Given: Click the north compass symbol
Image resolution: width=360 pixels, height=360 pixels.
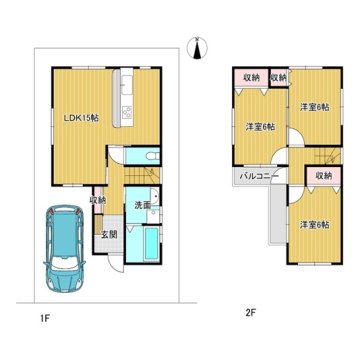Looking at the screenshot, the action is point(197,49).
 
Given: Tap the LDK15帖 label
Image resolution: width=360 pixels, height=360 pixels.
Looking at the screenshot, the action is point(81,117).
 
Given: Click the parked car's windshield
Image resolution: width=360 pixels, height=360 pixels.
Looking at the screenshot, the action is point(65,263).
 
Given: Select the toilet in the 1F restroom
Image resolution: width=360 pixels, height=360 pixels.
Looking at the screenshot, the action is point(153,156).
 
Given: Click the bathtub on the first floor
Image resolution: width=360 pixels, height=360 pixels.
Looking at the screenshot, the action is point(153,244).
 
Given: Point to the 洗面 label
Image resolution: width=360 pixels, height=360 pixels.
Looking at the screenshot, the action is point(141,205).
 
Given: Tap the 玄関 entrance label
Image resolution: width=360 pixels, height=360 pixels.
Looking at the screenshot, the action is point(109,234).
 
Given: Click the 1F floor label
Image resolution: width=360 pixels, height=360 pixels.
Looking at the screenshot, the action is point(45,318).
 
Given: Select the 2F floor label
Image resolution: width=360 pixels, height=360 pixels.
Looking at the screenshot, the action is point(250,312).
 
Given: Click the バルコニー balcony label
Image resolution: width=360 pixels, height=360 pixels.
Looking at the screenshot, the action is point(256,177).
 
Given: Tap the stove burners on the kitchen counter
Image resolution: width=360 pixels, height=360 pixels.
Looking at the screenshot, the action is point(127,112).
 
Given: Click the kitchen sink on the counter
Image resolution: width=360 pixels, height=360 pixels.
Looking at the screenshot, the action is point(127,86).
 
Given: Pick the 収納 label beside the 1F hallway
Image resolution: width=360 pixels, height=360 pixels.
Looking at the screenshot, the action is point(98,201).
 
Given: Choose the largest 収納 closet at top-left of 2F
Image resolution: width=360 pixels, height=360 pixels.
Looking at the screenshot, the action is point(252,78).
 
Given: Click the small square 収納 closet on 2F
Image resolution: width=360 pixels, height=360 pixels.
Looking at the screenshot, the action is point(278,78).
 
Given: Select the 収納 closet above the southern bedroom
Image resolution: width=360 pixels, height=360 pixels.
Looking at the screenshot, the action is point(324,176).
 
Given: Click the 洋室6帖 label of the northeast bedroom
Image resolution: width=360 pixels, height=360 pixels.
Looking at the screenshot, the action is point(315,107).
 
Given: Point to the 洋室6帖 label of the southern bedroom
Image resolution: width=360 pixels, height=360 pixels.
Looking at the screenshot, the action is point(315,225).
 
